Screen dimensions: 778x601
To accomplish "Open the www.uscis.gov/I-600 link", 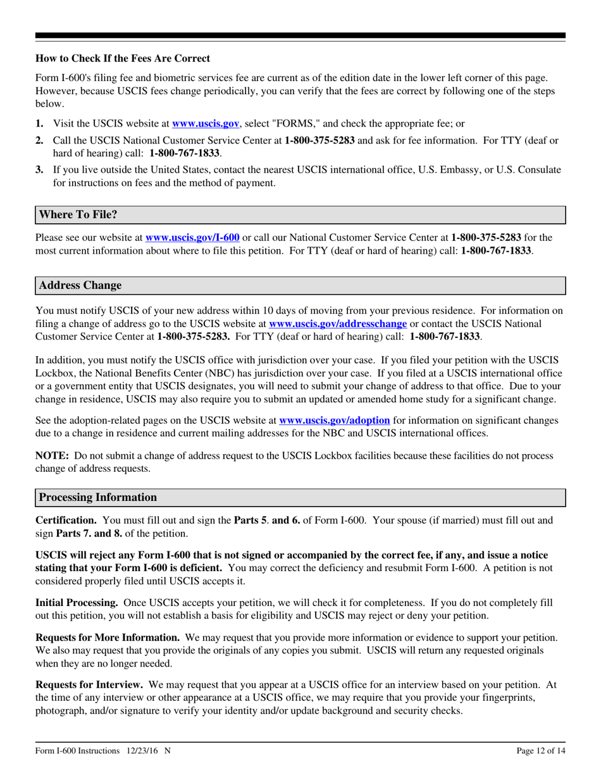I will pos(192,238).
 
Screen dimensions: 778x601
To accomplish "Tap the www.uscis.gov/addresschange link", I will pos(338,323).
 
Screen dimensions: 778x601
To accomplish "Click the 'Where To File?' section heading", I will pos(78,214).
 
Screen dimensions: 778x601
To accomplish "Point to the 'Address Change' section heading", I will pos(80,285).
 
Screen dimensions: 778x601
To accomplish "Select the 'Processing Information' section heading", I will pos(98,497).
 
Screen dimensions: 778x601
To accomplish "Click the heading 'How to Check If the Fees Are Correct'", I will pos(123,59).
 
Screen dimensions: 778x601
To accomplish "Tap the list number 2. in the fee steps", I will pos(39,140).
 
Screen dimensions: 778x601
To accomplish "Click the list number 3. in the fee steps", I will pos(39,170).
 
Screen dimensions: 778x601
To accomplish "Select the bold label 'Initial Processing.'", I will pos(76,603).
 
